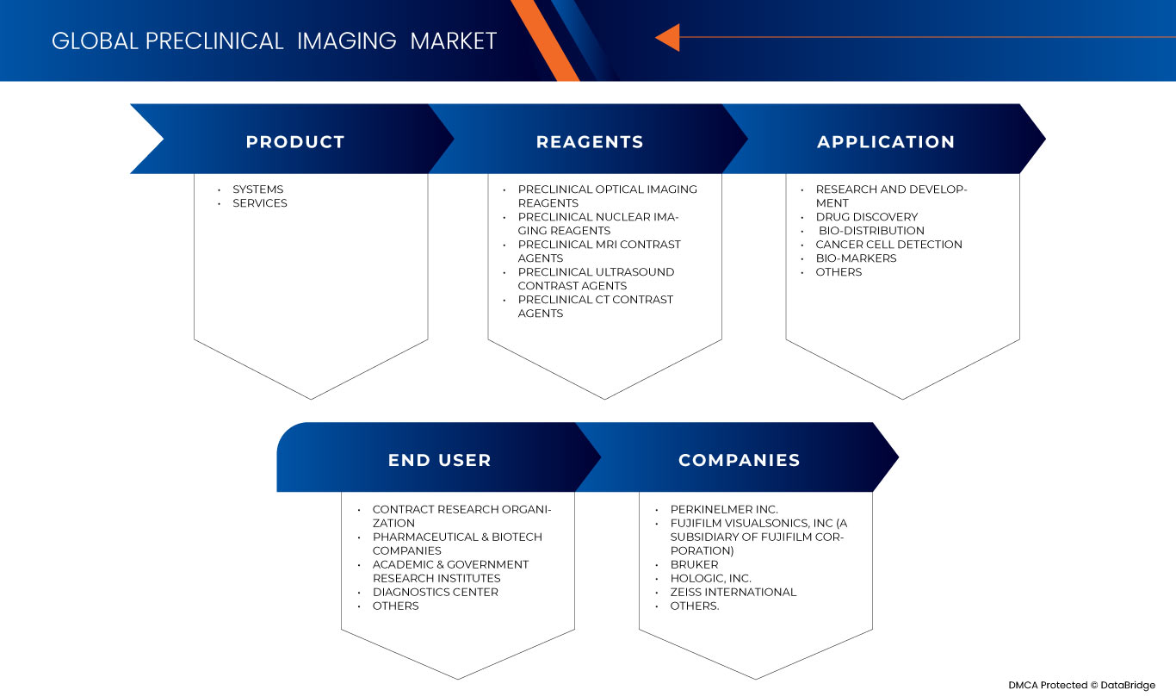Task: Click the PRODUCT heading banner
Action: (294, 142)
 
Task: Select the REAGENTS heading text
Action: (590, 142)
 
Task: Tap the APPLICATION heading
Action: (886, 142)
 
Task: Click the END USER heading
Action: (439, 460)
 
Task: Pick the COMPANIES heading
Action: (739, 460)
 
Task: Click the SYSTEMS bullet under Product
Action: (257, 190)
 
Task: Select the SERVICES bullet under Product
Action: (259, 203)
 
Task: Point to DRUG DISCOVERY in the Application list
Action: (866, 217)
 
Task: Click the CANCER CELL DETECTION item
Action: (888, 245)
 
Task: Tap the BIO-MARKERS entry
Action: (856, 258)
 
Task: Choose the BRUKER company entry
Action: (694, 565)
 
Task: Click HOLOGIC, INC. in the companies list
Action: (710, 579)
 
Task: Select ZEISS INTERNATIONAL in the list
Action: (733, 593)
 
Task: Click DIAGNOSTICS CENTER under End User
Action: (435, 593)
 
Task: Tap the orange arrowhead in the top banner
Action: (667, 38)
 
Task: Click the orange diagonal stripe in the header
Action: (543, 39)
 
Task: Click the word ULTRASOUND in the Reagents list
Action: (634, 272)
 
